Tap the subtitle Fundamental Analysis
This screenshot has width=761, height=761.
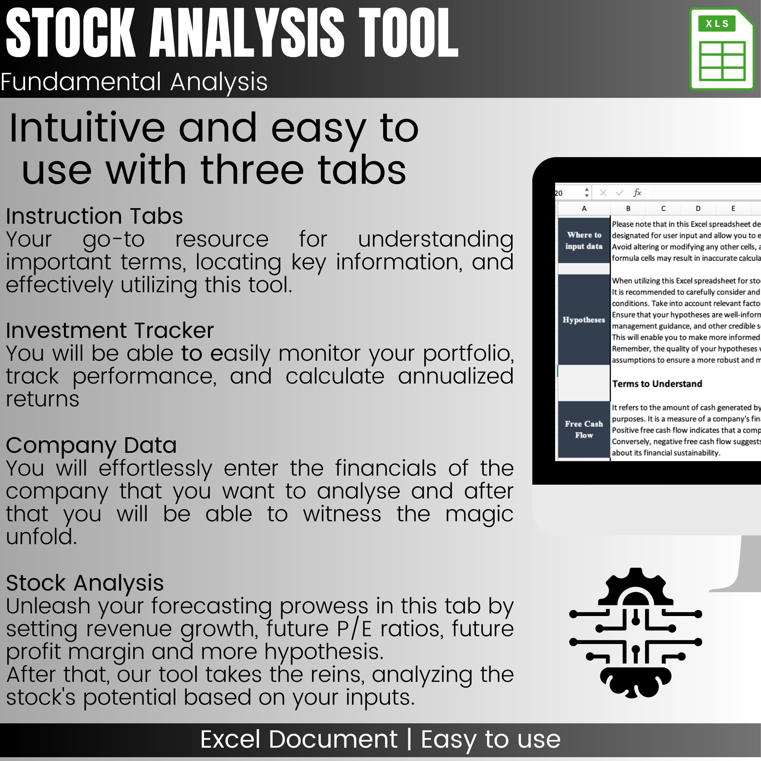coord(134,81)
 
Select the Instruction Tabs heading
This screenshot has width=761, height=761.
coord(94,216)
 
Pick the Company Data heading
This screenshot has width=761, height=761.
coord(91,445)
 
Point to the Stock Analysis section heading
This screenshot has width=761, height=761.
coord(85,583)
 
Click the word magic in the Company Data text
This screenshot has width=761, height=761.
coord(479,514)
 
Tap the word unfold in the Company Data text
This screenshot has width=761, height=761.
coord(41,537)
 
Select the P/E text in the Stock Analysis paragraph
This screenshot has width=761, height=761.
coord(354,629)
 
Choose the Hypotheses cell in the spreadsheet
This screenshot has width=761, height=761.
coord(584,320)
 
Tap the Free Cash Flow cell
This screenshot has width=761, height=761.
coord(584,429)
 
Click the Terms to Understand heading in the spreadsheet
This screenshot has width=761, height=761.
coord(657,384)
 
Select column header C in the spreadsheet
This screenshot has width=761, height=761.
coord(663,209)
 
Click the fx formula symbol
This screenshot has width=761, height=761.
coord(637,193)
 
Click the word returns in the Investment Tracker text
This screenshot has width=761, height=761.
coord(43,399)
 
